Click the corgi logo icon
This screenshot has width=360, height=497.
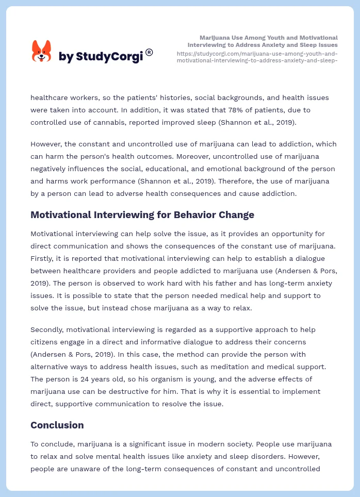(41, 52)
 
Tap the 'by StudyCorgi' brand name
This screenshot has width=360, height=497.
(101, 56)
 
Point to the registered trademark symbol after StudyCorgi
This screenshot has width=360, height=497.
(149, 52)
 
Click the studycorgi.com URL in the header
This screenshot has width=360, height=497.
(257, 57)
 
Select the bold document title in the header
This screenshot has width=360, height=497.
(263, 41)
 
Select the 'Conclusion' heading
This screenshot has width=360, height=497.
(57, 425)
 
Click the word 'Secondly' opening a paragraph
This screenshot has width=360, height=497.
(47, 329)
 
